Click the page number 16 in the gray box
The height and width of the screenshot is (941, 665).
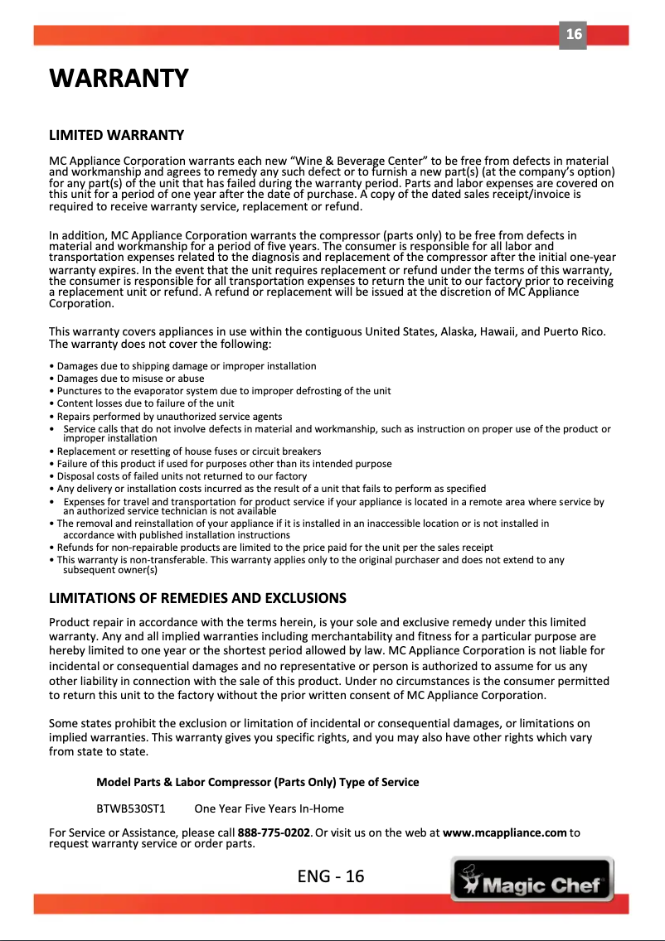click(573, 35)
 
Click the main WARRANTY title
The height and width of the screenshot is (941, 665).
click(119, 80)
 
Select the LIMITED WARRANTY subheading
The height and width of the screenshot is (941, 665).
click(116, 135)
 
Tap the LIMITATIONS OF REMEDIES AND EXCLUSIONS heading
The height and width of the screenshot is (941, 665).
click(197, 598)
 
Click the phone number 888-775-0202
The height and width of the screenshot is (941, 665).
click(274, 832)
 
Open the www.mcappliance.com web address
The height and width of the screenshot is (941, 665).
click(505, 832)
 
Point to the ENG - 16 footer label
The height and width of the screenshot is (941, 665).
click(331, 876)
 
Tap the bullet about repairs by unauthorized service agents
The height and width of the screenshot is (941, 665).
click(166, 416)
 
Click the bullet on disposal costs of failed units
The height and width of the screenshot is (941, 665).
click(177, 476)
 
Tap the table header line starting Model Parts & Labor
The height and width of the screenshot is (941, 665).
click(257, 782)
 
